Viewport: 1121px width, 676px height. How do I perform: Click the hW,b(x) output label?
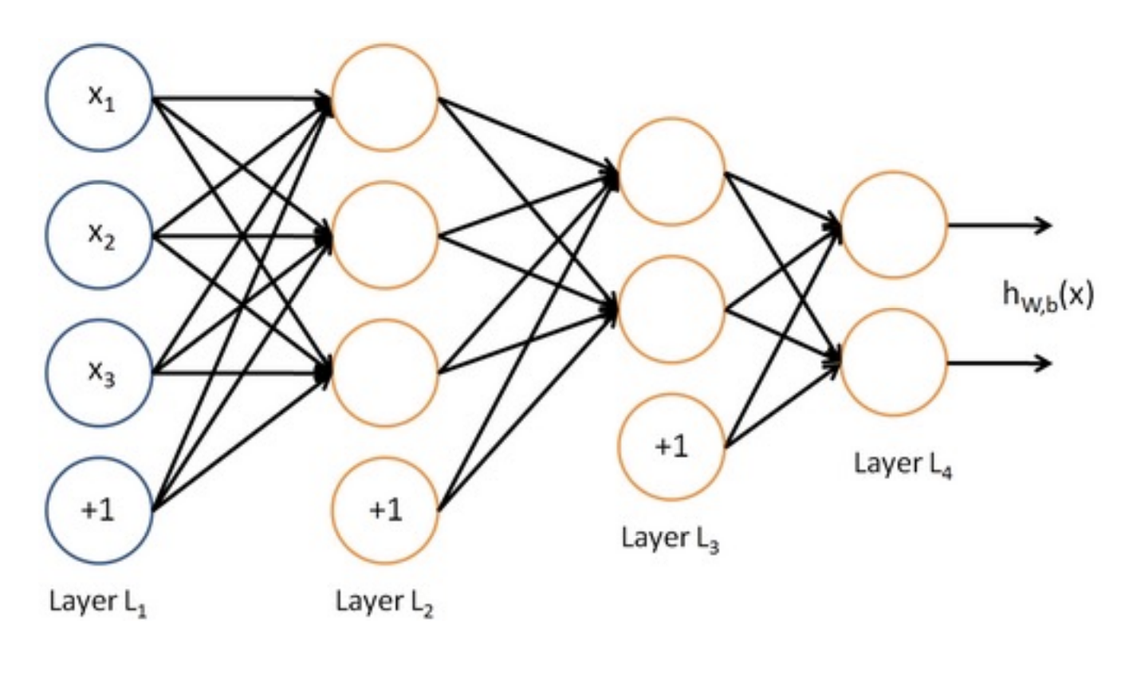point(1048,297)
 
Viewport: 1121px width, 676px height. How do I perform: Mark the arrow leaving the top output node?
point(999,225)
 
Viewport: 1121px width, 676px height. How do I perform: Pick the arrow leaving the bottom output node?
point(999,363)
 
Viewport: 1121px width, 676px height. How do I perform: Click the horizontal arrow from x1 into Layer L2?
point(242,98)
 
